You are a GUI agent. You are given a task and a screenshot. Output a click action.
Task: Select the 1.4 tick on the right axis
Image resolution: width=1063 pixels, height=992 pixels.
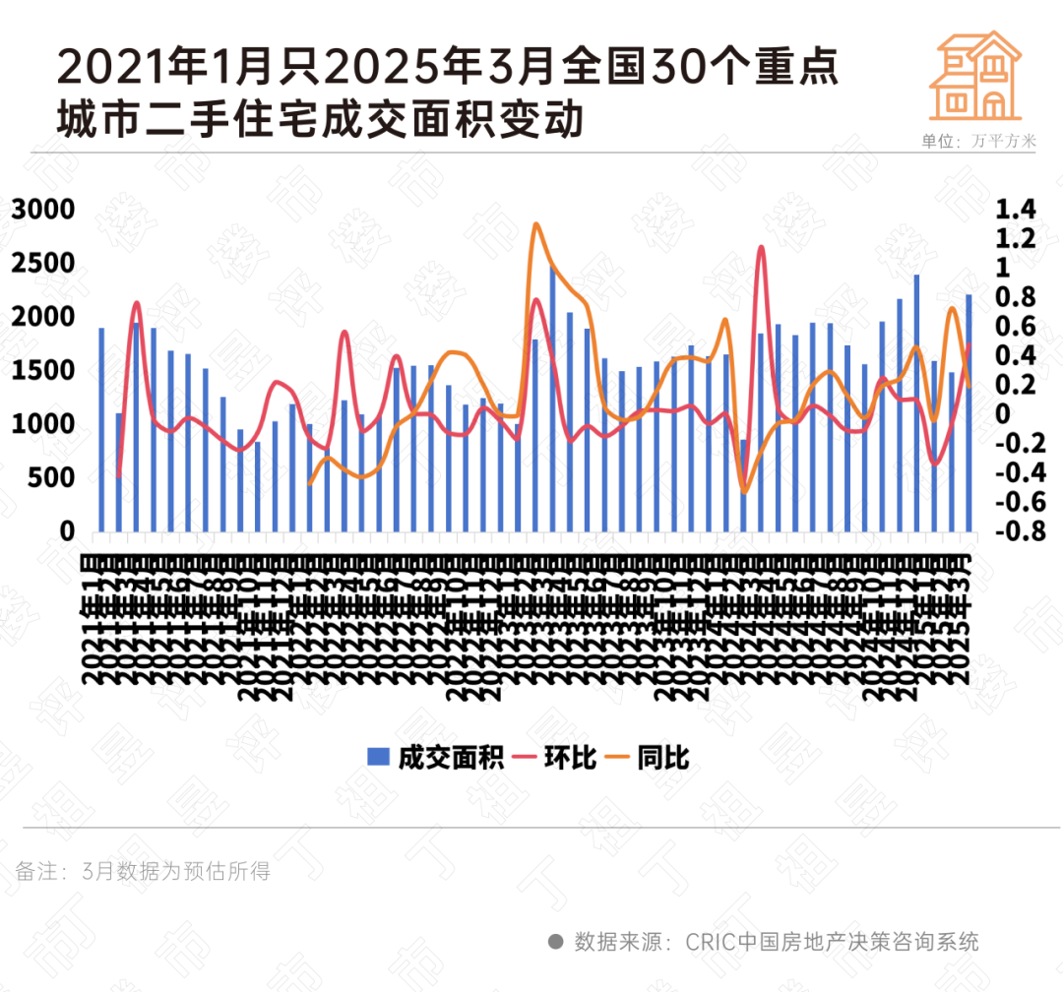1016,210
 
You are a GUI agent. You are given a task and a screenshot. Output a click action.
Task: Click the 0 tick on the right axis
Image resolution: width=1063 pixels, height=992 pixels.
1004,414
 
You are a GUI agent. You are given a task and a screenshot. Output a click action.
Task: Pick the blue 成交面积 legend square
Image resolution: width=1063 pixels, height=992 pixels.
378,757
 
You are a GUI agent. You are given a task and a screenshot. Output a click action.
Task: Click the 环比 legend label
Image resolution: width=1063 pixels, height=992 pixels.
571,757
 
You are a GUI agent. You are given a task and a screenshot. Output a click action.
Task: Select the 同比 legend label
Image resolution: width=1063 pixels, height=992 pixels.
663,757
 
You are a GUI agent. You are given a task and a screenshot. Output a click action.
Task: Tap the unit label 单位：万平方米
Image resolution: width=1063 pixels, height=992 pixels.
978,141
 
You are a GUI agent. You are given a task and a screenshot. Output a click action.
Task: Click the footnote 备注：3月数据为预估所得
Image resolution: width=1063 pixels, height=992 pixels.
143,871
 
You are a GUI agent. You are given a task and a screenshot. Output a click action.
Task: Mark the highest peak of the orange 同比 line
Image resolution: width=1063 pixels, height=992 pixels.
536,224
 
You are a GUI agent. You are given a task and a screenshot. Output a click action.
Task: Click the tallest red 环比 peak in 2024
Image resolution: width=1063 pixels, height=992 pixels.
761,247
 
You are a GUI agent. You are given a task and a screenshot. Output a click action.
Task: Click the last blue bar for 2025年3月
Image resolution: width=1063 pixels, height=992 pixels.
969,412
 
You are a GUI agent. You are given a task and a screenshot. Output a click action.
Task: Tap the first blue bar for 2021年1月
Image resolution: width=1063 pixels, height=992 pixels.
101,429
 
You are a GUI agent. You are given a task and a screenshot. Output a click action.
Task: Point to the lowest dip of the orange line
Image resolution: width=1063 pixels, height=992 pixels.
744,492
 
